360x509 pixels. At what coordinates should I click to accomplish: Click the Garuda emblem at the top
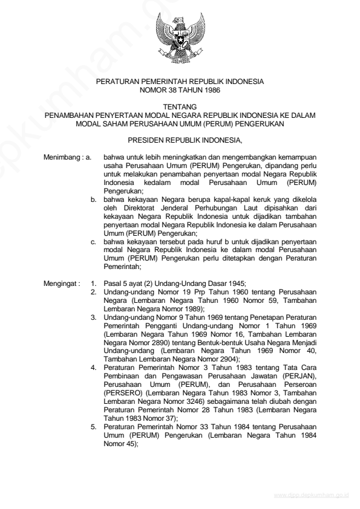click(179, 37)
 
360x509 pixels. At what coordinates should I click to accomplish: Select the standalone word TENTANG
click(179, 106)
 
